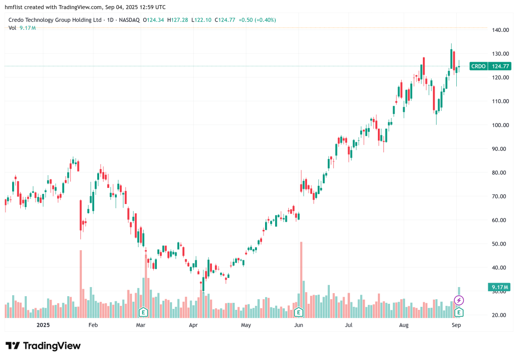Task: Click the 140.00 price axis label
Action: [x=500, y=30]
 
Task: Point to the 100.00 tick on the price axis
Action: [x=500, y=125]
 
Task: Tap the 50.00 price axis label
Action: [x=500, y=244]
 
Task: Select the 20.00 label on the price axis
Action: [x=500, y=315]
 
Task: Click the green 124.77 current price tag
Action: [x=501, y=66]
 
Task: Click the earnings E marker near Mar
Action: [x=143, y=311]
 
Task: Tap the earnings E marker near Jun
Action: [x=298, y=311]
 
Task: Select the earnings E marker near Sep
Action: [x=458, y=311]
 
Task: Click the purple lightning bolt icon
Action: [x=459, y=300]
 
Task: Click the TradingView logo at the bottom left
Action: [x=43, y=346]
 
